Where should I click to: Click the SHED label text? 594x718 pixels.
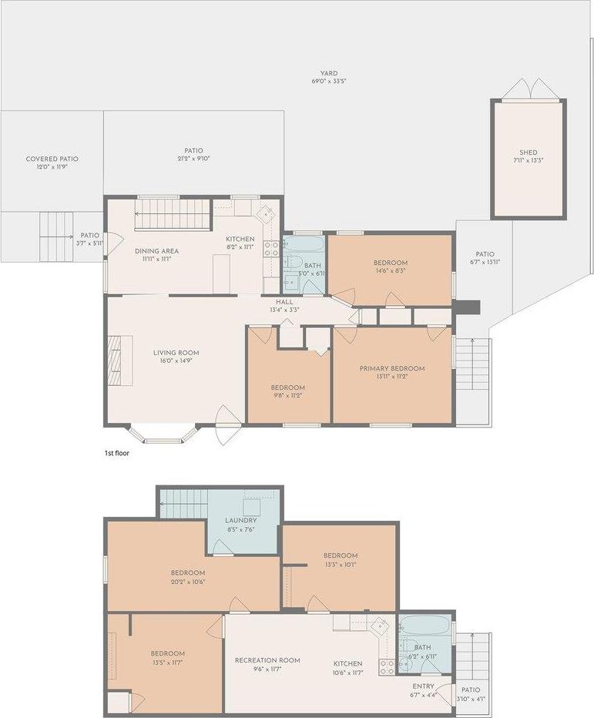(x=528, y=153)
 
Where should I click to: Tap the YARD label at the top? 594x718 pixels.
(x=329, y=73)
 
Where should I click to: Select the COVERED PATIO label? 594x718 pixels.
(x=52, y=159)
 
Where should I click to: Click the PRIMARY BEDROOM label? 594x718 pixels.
(x=391, y=369)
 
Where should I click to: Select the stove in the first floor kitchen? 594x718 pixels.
(x=271, y=249)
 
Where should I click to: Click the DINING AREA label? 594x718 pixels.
(x=157, y=251)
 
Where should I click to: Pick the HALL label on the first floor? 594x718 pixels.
(x=284, y=302)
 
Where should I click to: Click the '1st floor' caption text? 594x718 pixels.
(x=117, y=453)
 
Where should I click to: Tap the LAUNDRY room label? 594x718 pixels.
(x=241, y=520)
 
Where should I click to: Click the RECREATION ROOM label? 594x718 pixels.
(x=267, y=660)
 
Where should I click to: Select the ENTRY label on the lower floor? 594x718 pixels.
(x=423, y=686)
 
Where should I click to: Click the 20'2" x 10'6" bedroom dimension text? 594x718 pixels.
(x=187, y=582)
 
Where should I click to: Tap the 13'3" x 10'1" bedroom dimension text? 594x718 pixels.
(x=340, y=564)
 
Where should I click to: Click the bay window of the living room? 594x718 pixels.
(x=162, y=435)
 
